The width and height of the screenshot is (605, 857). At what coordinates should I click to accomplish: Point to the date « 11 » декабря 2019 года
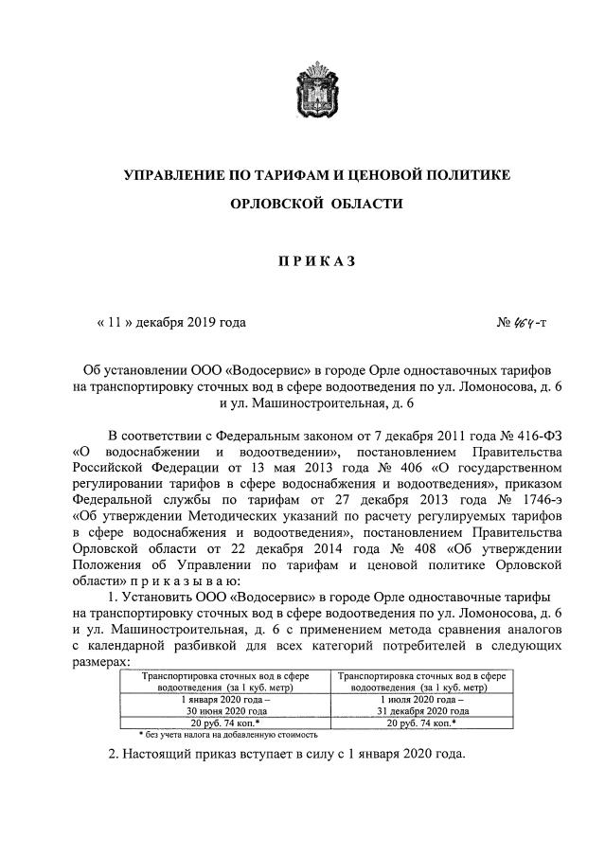pos(171,322)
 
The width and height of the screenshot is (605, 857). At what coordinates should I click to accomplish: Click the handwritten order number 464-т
pos(528,322)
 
